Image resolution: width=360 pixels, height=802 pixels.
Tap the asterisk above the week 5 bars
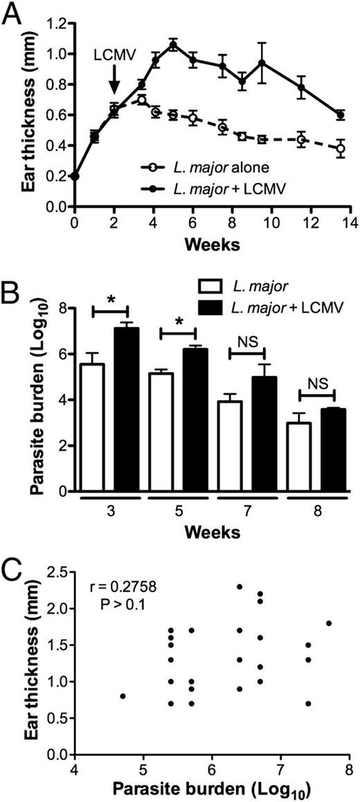tap(178, 323)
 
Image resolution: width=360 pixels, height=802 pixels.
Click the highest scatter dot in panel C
tap(240, 586)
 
